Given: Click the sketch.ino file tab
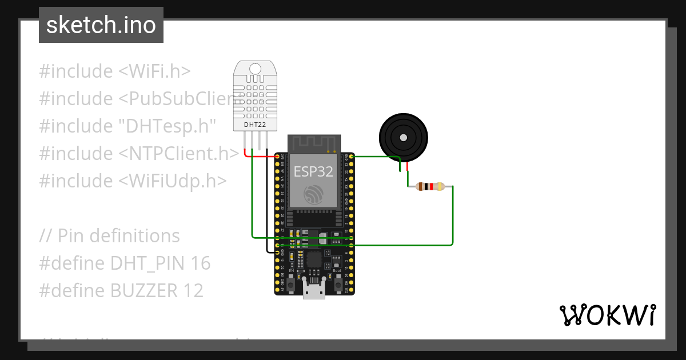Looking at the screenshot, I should [x=101, y=25].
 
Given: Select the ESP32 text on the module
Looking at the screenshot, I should [x=313, y=171].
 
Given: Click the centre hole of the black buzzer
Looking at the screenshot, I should [x=404, y=138].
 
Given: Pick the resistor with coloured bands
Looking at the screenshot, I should [x=430, y=186].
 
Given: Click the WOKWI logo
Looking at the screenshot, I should [x=607, y=315].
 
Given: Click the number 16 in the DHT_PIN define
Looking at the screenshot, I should [x=201, y=263].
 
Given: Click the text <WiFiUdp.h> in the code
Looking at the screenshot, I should [x=173, y=181].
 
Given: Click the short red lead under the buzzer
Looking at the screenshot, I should [x=407, y=166].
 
